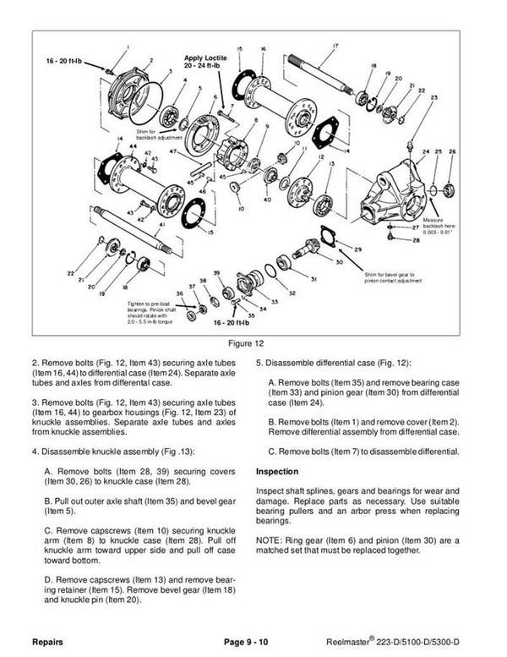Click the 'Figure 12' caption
click(x=253, y=344)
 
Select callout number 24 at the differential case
click(x=426, y=152)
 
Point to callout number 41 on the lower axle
click(x=161, y=225)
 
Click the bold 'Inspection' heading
click(x=279, y=470)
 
